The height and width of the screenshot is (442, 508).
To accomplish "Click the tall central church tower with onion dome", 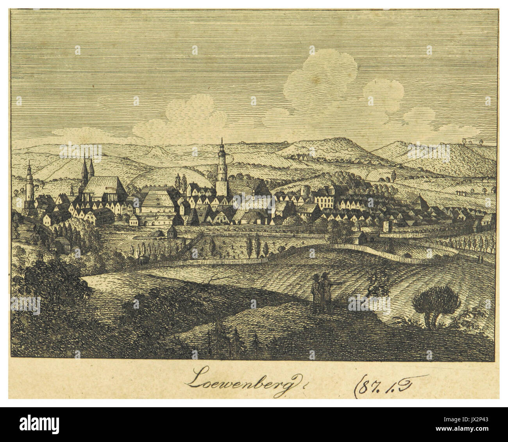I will (222, 170).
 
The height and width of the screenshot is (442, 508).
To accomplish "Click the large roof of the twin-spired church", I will (102, 188).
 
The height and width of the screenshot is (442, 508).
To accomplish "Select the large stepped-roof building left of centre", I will (156, 201).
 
